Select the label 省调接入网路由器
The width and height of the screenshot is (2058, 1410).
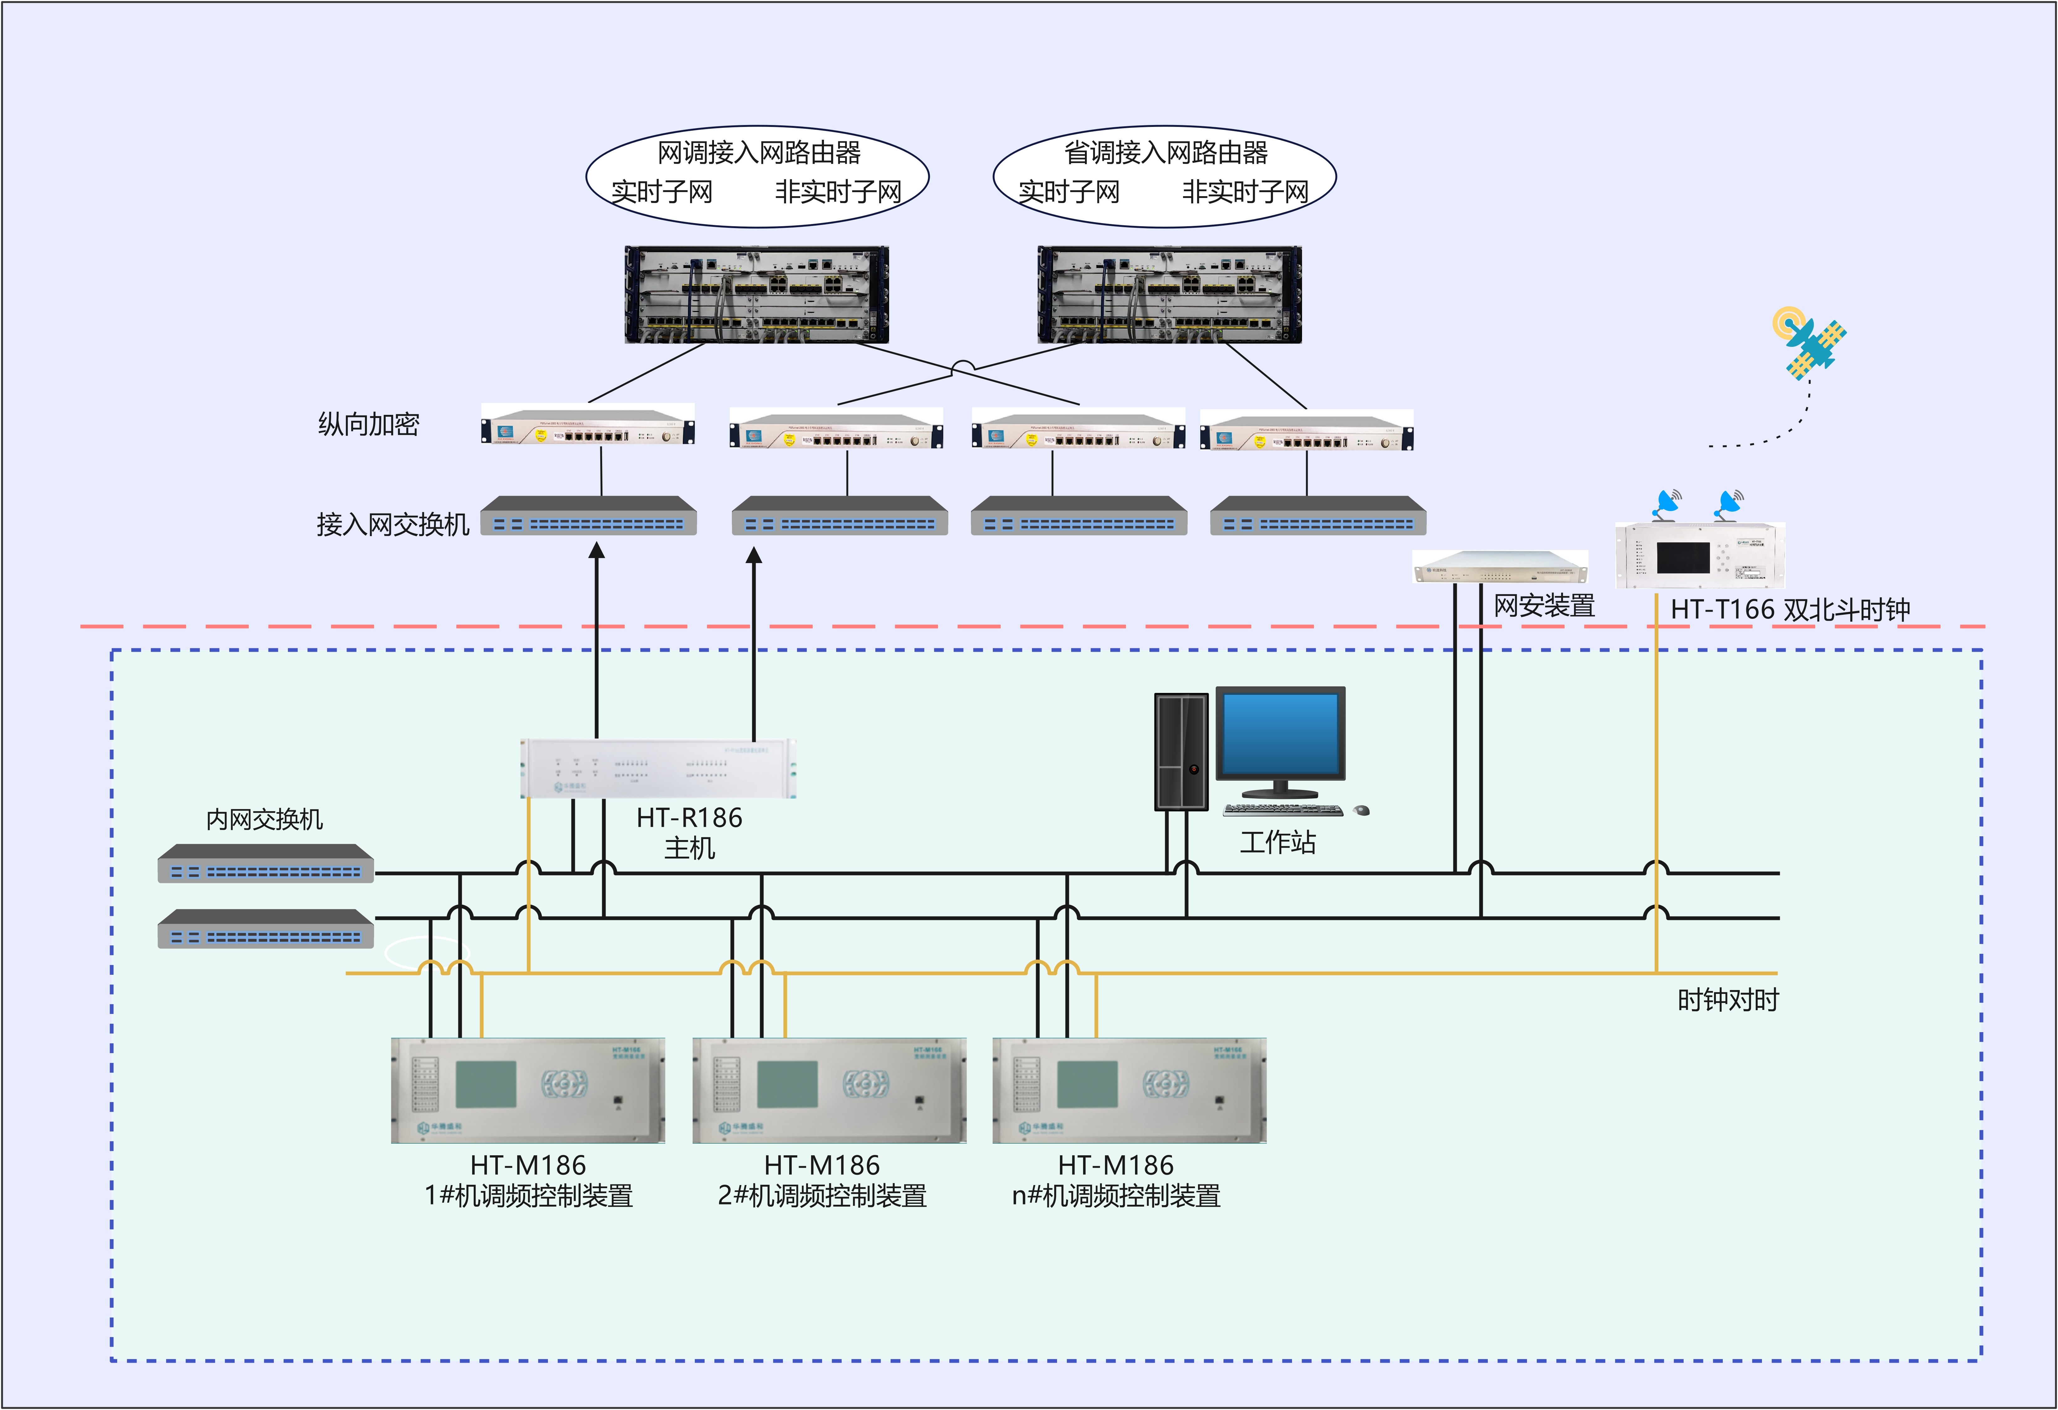(1165, 153)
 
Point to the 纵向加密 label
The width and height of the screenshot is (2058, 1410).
(368, 424)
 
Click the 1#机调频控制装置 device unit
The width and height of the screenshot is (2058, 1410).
(528, 1090)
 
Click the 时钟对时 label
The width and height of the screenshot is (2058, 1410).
(1728, 1000)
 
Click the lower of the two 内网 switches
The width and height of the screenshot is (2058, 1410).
(266, 929)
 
